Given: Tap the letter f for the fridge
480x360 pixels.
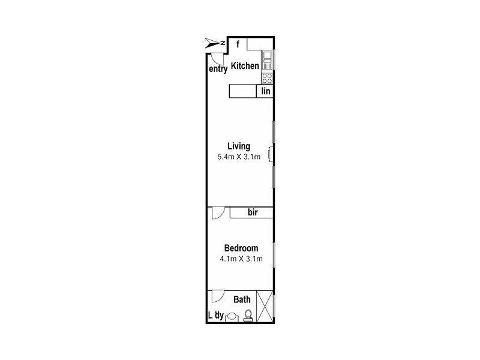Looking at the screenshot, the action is pos(238,44).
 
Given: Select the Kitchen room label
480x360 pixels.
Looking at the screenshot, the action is pos(245,66).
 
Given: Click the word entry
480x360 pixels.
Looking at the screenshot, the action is pos(218,69).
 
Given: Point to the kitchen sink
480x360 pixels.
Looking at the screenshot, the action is pos(267,61).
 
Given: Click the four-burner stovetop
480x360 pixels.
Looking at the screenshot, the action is pos(267,79).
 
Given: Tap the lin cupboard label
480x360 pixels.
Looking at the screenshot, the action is pos(266,91).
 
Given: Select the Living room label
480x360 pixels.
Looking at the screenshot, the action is pos(239,146).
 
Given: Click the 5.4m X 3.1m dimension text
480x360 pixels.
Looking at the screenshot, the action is pos(239,157).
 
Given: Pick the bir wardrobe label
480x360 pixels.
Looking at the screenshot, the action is pos(253,212).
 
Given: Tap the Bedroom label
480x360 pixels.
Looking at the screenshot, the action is pos(241,248).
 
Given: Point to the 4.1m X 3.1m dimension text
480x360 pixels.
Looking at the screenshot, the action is pos(241,259).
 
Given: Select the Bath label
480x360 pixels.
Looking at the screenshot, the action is pos(242,299).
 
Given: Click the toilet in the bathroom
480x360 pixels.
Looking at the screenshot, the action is pos(248,316).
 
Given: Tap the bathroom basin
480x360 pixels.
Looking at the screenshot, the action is pos(232,317).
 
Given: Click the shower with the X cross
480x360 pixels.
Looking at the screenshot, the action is pos(265,306).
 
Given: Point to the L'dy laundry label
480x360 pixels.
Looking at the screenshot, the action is pos(216,316).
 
